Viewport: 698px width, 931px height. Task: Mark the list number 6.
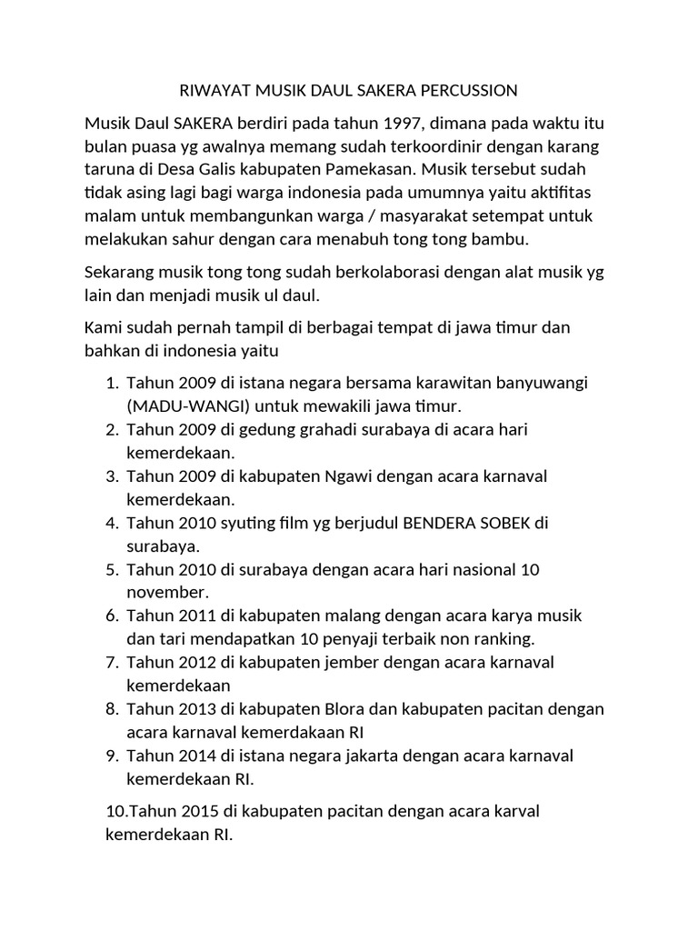114,616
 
